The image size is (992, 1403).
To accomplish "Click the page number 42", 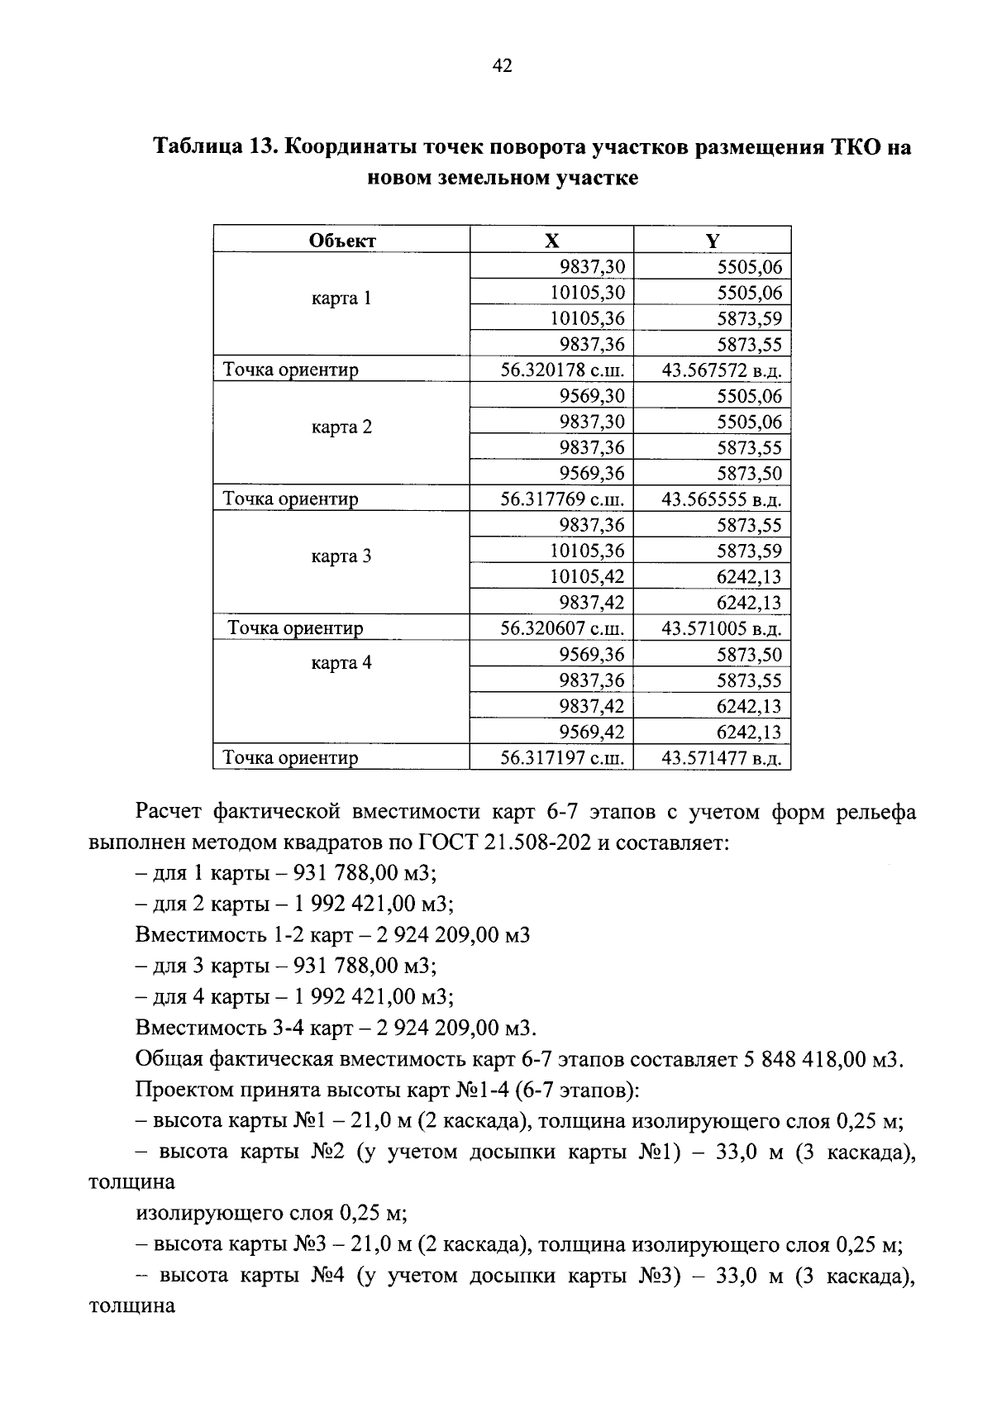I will pyautogui.click(x=503, y=67).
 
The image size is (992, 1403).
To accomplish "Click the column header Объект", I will pyautogui.click(x=342, y=241).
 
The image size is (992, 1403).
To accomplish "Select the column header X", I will pyautogui.click(x=551, y=241).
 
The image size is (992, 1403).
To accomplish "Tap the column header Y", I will pyautogui.click(x=713, y=241).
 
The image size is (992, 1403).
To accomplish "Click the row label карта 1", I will pyautogui.click(x=341, y=298).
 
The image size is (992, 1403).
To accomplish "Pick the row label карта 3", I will pyautogui.click(x=341, y=556).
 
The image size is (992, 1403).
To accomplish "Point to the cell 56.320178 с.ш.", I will pyautogui.click(x=562, y=370).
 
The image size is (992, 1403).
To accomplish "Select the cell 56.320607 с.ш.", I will pyautogui.click(x=562, y=628).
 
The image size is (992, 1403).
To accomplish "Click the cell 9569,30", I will pyautogui.click(x=592, y=396).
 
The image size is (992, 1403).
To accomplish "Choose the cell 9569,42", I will pyautogui.click(x=592, y=732).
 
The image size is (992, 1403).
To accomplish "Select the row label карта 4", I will pyautogui.click(x=341, y=663).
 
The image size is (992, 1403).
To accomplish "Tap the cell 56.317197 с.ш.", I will pyautogui.click(x=562, y=757).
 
